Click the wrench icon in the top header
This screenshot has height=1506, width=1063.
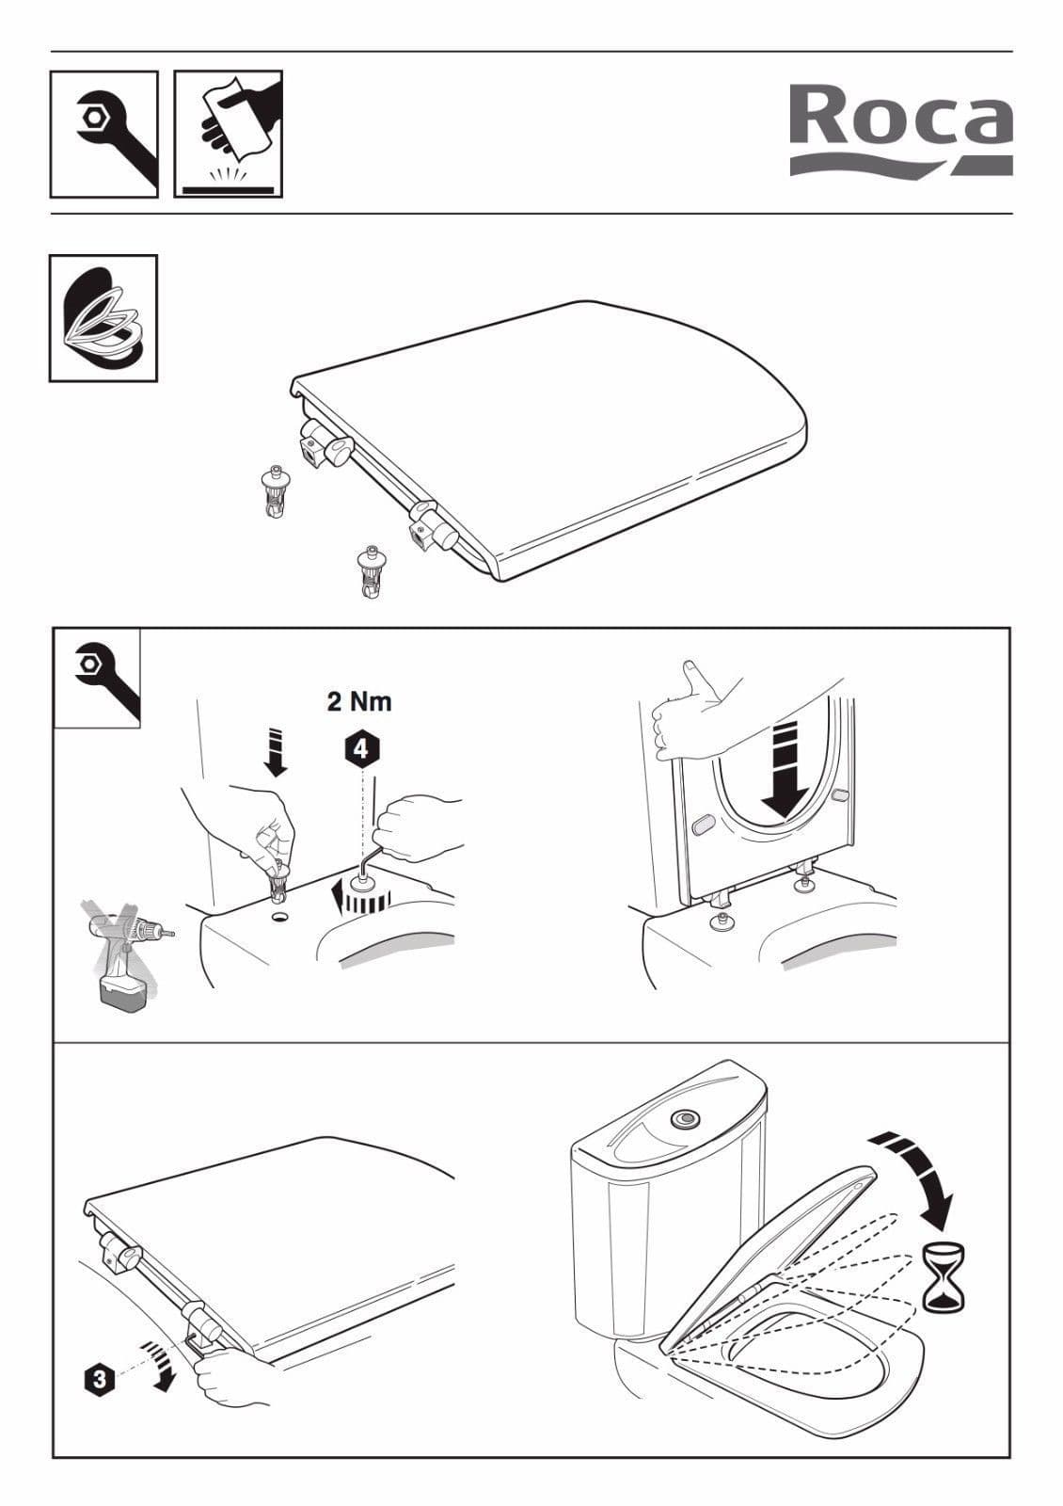103,134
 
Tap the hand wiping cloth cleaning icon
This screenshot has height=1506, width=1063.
229,134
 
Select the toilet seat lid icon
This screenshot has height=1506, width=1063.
103,318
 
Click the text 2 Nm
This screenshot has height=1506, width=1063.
359,701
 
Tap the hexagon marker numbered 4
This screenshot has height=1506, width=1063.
361,750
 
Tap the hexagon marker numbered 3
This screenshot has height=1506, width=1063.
100,1379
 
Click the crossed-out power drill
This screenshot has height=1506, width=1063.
125,951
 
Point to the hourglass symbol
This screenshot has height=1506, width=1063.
944,1277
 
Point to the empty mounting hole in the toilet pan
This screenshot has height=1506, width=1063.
278,915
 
